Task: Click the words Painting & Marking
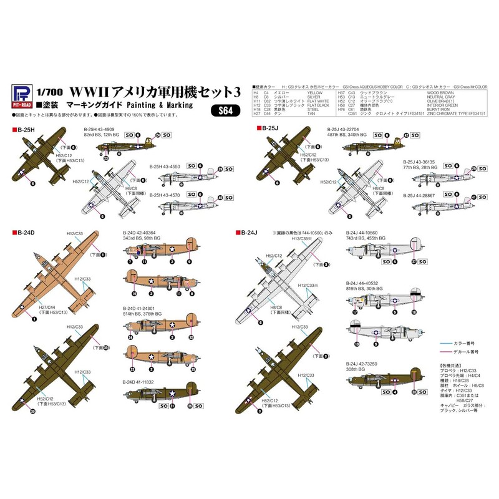[x=160, y=105]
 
